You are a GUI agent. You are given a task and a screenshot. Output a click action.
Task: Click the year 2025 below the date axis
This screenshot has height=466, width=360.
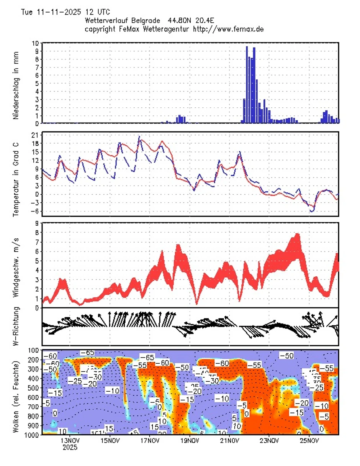coord(70,447)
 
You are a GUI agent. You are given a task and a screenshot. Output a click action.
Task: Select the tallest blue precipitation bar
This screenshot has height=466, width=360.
coord(247,84)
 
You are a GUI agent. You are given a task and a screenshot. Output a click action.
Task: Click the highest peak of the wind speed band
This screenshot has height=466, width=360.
coord(297,235)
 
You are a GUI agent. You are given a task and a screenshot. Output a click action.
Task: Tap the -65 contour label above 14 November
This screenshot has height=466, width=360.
coord(88,352)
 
